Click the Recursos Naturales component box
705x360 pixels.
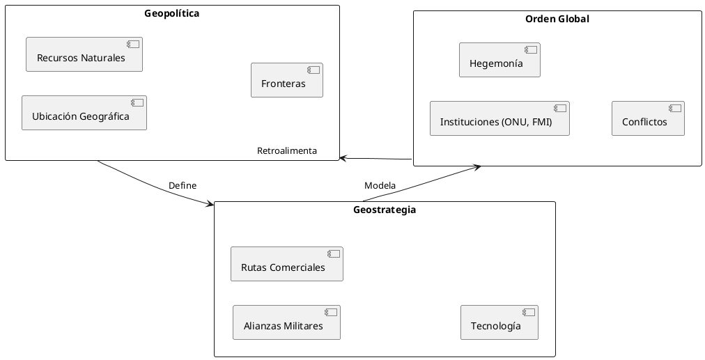point(84,54)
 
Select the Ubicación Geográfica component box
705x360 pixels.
point(84,113)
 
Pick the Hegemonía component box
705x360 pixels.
point(499,60)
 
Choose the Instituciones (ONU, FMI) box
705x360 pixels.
point(499,118)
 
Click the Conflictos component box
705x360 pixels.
point(648,118)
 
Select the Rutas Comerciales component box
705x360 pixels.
point(287,264)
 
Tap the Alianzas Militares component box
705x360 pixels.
point(286,322)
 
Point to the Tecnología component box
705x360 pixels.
point(499,322)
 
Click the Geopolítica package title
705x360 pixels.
point(172,13)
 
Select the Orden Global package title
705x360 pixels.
point(557,19)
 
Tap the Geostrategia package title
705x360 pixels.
point(385,210)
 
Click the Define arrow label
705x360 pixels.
point(183,185)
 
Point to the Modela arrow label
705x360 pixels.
point(380,185)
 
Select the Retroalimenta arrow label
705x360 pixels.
point(287,150)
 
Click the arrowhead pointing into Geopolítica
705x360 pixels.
point(343,158)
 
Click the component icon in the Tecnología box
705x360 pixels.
point(527,313)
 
